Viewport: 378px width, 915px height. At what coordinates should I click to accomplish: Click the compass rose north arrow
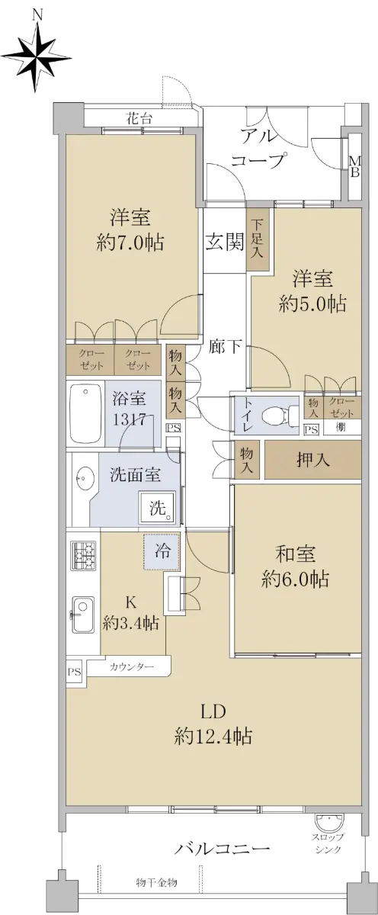[37, 58]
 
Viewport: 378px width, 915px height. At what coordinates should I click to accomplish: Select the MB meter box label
[354, 167]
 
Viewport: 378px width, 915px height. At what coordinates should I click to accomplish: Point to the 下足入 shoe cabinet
[257, 239]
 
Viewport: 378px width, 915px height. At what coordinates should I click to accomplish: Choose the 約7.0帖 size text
[130, 242]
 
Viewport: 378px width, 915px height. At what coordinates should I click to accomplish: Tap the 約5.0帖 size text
[312, 304]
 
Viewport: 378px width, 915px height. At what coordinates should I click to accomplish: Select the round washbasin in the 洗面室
[85, 477]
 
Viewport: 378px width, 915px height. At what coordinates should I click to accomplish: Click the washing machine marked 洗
[158, 507]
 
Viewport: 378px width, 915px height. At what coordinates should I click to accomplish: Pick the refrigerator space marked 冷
[162, 551]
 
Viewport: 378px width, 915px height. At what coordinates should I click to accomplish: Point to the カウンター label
[131, 667]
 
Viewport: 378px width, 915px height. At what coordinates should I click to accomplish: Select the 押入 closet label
[312, 460]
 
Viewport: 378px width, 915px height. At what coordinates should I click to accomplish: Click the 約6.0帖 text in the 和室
[295, 579]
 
